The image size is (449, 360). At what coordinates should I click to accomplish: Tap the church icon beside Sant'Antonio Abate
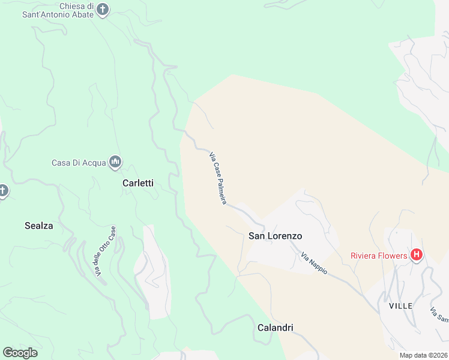(103, 10)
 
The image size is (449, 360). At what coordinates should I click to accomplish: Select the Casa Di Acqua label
(78, 163)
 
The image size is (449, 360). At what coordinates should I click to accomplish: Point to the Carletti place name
(138, 184)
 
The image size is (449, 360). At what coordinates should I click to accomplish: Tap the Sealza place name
(39, 226)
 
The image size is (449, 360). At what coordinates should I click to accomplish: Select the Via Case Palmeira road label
(218, 178)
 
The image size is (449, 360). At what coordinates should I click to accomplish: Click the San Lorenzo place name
(275, 236)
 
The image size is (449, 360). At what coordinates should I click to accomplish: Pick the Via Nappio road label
(314, 263)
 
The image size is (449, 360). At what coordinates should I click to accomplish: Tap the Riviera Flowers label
(379, 256)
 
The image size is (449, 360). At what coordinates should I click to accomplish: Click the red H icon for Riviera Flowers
(417, 255)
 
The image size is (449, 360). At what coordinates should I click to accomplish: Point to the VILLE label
(400, 306)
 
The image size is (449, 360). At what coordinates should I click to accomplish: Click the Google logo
(20, 353)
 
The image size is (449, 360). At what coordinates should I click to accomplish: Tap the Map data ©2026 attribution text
(424, 355)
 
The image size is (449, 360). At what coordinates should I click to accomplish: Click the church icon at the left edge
(3, 191)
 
